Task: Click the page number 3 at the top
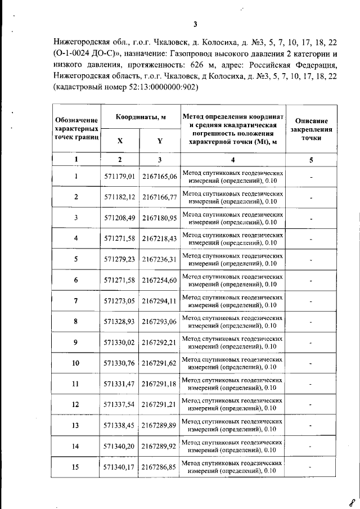pyautogui.click(x=194, y=24)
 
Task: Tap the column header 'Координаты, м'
pyautogui.click(x=140, y=117)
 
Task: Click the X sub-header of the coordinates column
pyautogui.click(x=120, y=141)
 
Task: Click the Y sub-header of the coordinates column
pyautogui.click(x=160, y=141)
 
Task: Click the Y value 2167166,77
pyautogui.click(x=160, y=197)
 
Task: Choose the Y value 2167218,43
pyautogui.click(x=160, y=238)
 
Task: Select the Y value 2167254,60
pyautogui.click(x=160, y=280)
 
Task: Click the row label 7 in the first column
pyautogui.click(x=76, y=300)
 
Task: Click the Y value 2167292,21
pyautogui.click(x=160, y=342)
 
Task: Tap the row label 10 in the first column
pyautogui.click(x=76, y=363)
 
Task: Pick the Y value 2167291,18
pyautogui.click(x=160, y=384)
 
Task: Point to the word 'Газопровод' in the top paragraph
pyautogui.click(x=185, y=55)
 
